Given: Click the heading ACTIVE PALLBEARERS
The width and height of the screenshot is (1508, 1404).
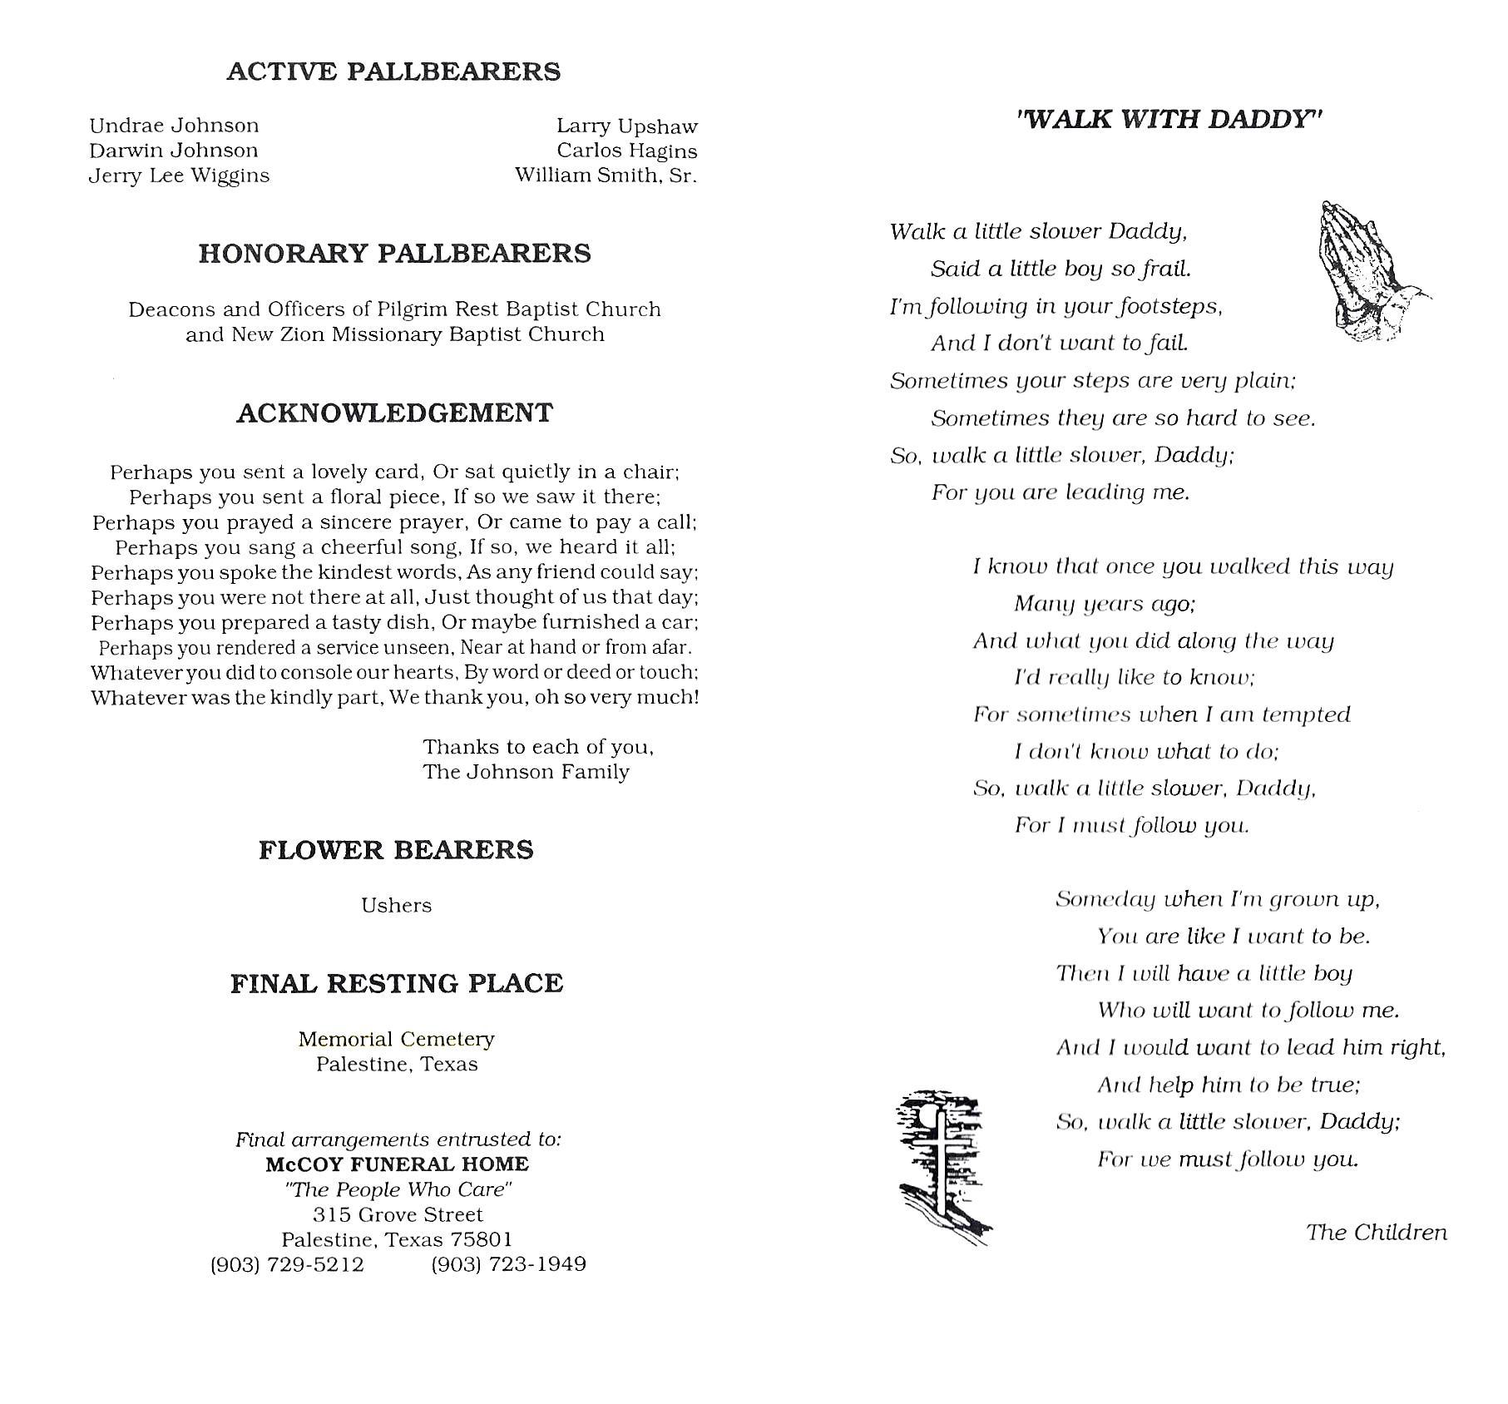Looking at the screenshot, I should pos(393,72).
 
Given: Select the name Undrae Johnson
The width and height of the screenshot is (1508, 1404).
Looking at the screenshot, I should pos(174,126).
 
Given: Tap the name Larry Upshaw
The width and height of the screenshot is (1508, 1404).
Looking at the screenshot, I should pos(626,126).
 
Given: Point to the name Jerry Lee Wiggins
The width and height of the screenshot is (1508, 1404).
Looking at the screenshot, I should pos(179,175).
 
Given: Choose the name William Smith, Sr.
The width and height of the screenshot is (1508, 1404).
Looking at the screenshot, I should pos(606,175).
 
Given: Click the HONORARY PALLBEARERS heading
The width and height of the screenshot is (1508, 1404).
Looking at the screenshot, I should pos(394,254).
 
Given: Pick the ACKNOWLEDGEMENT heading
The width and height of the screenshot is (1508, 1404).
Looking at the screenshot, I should pos(394,413).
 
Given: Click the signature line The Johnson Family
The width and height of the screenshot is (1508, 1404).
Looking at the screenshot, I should pos(526,772).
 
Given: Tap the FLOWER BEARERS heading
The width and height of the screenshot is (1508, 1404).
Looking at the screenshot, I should pos(396,850).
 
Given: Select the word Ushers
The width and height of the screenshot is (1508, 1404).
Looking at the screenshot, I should pos(396,905).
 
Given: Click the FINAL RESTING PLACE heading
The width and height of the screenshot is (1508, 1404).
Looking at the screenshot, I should pos(397,984).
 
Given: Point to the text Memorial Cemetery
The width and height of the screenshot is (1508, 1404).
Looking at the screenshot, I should pos(396,1039).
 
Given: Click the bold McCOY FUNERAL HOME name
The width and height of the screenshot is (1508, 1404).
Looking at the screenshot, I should pos(397,1164).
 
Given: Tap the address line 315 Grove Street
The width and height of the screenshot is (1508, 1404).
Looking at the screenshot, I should pos(397,1214).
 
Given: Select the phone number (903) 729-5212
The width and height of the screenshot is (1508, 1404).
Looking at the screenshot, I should pos(287,1264).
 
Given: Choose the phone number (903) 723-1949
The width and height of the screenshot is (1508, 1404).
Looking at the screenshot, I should pos(508,1264).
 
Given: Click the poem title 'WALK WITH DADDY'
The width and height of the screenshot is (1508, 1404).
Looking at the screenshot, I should pos(1169,120).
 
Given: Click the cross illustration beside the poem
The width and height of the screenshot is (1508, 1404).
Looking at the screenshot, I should pos(942,1164).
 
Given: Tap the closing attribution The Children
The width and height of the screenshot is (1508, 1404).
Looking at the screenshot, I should pos(1376,1233).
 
